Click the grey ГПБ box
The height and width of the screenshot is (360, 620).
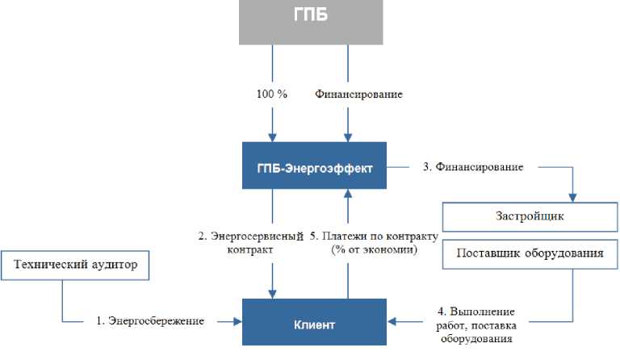[311, 22]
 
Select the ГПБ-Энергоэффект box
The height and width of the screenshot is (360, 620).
[314, 165]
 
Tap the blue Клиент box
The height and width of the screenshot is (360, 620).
[314, 322]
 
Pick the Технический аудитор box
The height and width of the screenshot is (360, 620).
[75, 266]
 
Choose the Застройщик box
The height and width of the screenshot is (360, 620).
[530, 217]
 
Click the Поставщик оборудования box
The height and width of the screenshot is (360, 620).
[530, 254]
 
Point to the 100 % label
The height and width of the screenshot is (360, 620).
[272, 94]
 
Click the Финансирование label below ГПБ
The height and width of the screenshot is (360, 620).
[358, 94]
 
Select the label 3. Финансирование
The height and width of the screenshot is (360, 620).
[473, 167]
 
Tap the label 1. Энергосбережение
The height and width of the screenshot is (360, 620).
[150, 320]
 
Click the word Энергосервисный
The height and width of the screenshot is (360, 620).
[257, 237]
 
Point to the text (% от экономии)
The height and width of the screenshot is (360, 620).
[374, 249]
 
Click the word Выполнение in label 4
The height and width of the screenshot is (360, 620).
[483, 312]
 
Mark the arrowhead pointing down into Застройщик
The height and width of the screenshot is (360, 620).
[572, 198]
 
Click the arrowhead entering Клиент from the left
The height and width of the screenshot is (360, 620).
[237, 322]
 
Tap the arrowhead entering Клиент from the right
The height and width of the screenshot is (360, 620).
[392, 322]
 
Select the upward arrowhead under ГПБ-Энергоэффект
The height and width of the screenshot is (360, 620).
[348, 194]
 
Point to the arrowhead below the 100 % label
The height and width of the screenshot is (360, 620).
[272, 137]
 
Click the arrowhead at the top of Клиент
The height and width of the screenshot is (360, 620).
[272, 294]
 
